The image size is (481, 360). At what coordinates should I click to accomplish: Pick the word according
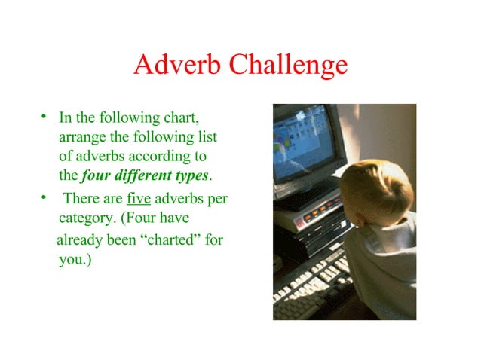pos(166,157)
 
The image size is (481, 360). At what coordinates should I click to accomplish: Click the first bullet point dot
pos(45,117)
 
